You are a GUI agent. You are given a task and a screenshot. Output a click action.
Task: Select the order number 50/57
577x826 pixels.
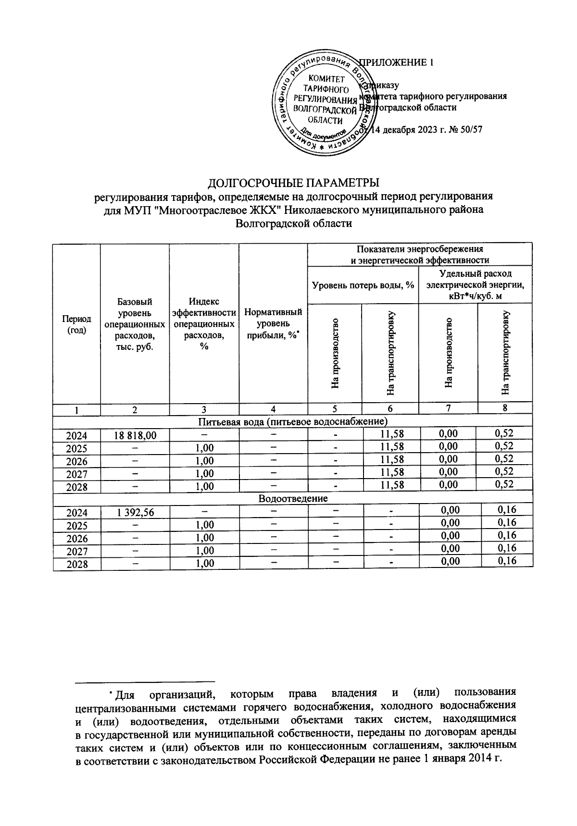click(471, 129)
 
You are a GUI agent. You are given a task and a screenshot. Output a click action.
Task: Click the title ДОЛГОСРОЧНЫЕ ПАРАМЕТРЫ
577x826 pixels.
click(293, 183)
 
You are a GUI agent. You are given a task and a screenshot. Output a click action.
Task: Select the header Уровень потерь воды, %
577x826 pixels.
click(363, 285)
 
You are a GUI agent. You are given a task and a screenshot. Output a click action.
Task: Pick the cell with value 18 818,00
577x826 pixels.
click(135, 435)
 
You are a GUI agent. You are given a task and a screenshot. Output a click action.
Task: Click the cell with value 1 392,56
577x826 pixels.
click(135, 512)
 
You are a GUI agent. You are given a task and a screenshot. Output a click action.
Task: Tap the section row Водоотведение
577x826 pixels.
click(293, 498)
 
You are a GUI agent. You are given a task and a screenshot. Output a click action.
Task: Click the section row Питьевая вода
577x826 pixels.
click(293, 422)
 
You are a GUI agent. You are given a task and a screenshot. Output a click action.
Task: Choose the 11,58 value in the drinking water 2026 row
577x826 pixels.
click(391, 460)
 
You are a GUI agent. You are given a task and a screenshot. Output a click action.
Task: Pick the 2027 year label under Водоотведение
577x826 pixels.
click(77, 551)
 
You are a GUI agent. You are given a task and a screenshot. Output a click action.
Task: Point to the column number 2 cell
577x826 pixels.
click(135, 409)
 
